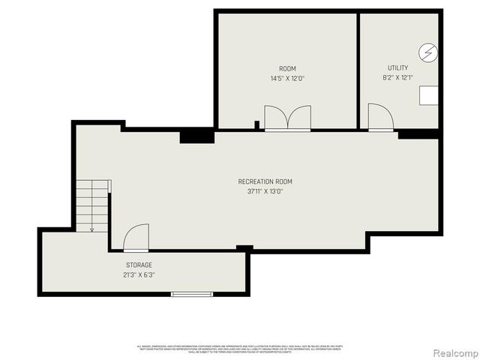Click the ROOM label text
point(287,68)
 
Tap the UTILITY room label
point(397,67)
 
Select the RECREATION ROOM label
point(265,181)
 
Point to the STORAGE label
point(139,265)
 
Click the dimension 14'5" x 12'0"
point(287,78)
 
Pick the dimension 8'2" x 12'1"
point(397,77)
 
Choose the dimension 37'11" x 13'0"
point(265,191)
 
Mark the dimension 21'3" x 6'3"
point(139,274)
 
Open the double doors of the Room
point(287,118)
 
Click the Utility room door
point(380,118)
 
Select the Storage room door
point(136,238)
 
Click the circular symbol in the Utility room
point(428,53)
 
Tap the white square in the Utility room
point(428,95)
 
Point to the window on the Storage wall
point(192,293)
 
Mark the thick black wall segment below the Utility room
point(418,134)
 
